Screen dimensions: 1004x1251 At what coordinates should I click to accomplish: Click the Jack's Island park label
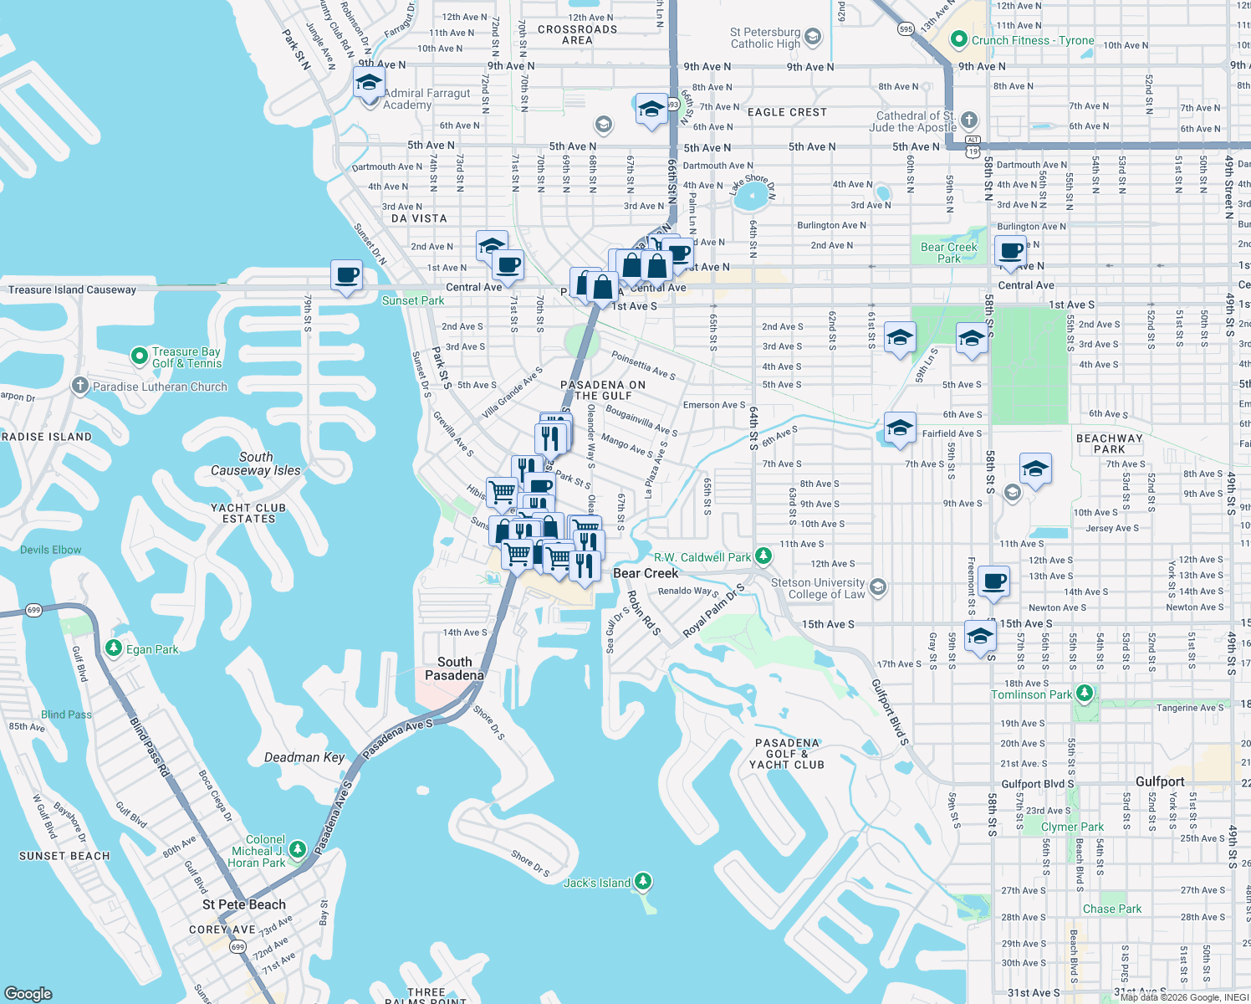[x=597, y=883]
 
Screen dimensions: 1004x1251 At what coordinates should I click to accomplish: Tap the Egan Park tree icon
[x=114, y=648]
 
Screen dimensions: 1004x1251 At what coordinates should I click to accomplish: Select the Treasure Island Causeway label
[x=72, y=290]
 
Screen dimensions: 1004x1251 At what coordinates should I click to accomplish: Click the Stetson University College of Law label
[x=818, y=588]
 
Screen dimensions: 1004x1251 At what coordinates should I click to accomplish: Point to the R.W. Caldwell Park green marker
[x=763, y=556]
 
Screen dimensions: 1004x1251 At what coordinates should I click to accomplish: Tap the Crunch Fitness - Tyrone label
[x=1033, y=40]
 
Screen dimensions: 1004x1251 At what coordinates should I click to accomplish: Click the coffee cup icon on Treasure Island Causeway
[x=346, y=275]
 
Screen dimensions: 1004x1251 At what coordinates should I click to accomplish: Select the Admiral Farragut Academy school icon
[x=369, y=84]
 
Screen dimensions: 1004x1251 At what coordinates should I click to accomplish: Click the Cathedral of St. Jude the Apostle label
[x=916, y=122]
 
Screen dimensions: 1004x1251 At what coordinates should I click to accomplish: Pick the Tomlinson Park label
[x=1031, y=694]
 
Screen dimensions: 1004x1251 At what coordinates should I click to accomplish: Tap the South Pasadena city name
[x=454, y=668]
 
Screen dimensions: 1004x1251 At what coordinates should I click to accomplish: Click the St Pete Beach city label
[x=244, y=904]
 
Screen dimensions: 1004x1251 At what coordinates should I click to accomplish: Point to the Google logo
[x=28, y=993]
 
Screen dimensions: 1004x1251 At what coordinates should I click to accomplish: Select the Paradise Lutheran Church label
[x=160, y=387]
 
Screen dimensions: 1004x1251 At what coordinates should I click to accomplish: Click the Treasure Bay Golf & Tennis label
[x=186, y=357]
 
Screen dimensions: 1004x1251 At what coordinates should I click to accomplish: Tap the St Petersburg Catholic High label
[x=765, y=38]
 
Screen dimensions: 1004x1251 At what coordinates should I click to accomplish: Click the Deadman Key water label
[x=304, y=757]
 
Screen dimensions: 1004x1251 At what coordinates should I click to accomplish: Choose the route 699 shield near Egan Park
[x=33, y=610]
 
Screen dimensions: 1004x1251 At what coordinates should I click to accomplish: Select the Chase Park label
[x=1111, y=909]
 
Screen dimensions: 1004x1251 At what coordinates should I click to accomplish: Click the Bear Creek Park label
[x=948, y=253]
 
